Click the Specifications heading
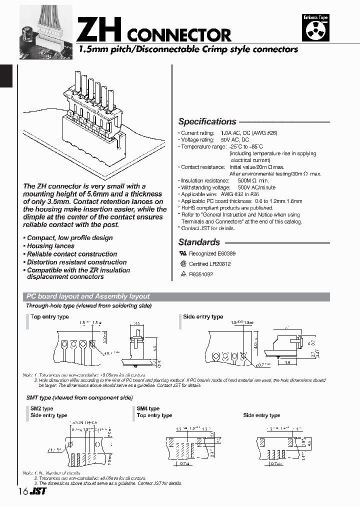(207, 121)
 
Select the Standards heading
(199, 242)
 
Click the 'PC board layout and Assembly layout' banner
(87, 296)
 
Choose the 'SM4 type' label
(148, 408)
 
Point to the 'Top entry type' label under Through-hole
(49, 317)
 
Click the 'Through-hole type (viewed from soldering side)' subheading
(88, 305)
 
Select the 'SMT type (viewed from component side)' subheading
(79, 397)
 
